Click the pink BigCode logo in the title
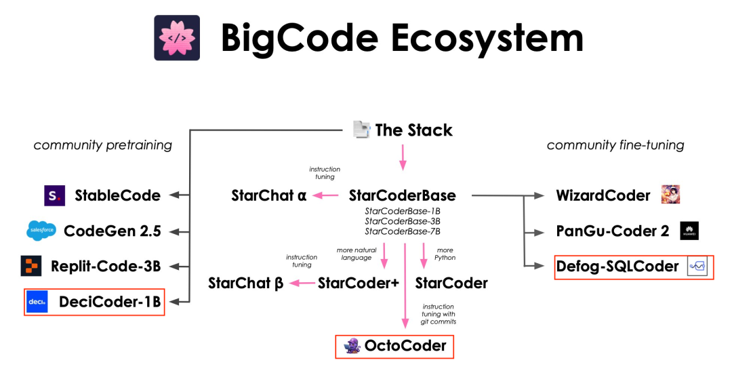point(177,38)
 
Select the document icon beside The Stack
point(362,130)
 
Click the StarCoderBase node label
point(402,196)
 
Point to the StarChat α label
point(268,196)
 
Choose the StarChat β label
point(245,283)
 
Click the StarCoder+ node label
point(358,283)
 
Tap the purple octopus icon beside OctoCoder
point(351,346)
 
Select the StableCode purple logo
point(54,196)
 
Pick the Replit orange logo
point(31,266)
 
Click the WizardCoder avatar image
point(670,195)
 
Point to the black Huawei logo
point(689,231)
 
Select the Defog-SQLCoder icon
point(697,267)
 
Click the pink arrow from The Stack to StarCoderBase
point(403,157)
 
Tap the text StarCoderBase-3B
point(403,221)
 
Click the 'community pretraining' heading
point(103,145)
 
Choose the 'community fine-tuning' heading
point(615,145)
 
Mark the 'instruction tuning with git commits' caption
point(439,314)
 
